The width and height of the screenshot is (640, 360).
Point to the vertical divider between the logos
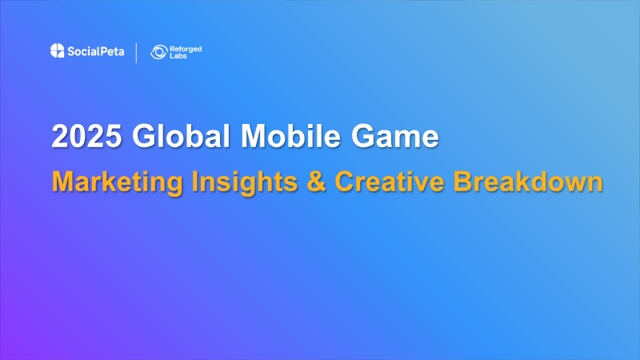(x=137, y=53)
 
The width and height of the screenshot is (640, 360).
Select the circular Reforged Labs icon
(x=158, y=53)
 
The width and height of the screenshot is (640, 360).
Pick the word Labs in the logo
(x=180, y=57)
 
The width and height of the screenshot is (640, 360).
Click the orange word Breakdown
(x=527, y=182)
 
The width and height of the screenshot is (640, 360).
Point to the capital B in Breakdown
(x=464, y=182)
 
